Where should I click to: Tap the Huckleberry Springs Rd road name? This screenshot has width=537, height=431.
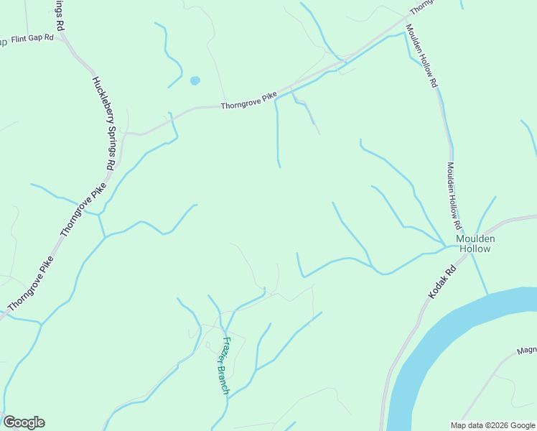click(x=103, y=129)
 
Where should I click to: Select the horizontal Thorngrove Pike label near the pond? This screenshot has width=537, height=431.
click(x=248, y=104)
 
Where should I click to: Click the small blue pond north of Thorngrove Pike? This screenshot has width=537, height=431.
click(x=195, y=80)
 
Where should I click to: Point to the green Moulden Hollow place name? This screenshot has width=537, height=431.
click(x=475, y=244)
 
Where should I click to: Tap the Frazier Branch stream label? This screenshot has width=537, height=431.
click(x=226, y=366)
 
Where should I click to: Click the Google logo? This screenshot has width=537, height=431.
click(x=24, y=422)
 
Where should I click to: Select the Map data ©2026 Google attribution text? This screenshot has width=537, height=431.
click(x=493, y=425)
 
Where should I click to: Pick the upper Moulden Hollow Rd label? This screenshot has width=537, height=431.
click(x=421, y=56)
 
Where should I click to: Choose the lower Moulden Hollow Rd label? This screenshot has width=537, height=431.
click(x=453, y=190)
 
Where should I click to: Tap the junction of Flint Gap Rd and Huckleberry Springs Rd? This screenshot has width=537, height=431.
click(x=65, y=40)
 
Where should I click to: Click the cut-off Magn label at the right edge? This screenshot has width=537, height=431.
click(x=526, y=352)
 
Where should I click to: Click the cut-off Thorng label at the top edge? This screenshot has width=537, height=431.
click(x=422, y=6)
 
